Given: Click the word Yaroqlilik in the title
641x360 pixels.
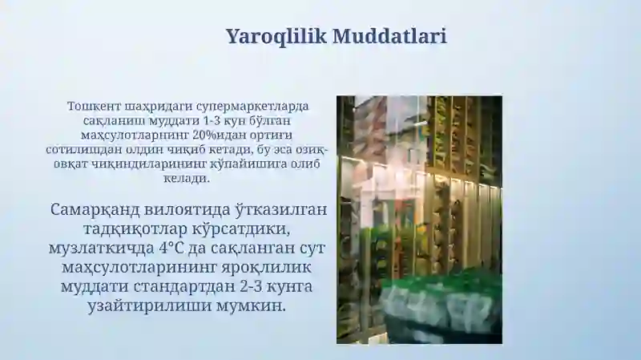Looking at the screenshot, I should tap(275, 36).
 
